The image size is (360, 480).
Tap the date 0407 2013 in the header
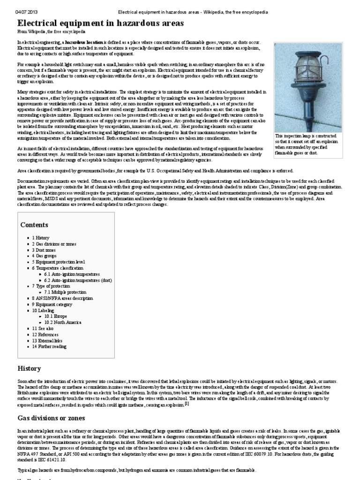pos(27,11)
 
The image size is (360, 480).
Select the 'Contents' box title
pos(34,225)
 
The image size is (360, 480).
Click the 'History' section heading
pos(30,368)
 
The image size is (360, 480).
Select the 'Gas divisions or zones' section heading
pos(52,418)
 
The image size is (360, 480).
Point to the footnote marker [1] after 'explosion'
pos(187,403)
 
